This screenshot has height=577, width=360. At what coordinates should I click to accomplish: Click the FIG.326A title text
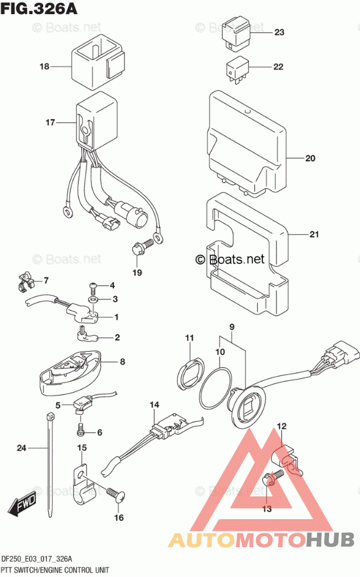point(39,10)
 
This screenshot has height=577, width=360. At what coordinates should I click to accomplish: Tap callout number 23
point(279,32)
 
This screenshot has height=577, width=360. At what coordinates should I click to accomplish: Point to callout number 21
point(314,235)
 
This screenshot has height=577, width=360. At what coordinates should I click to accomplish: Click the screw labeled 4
point(94,286)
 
